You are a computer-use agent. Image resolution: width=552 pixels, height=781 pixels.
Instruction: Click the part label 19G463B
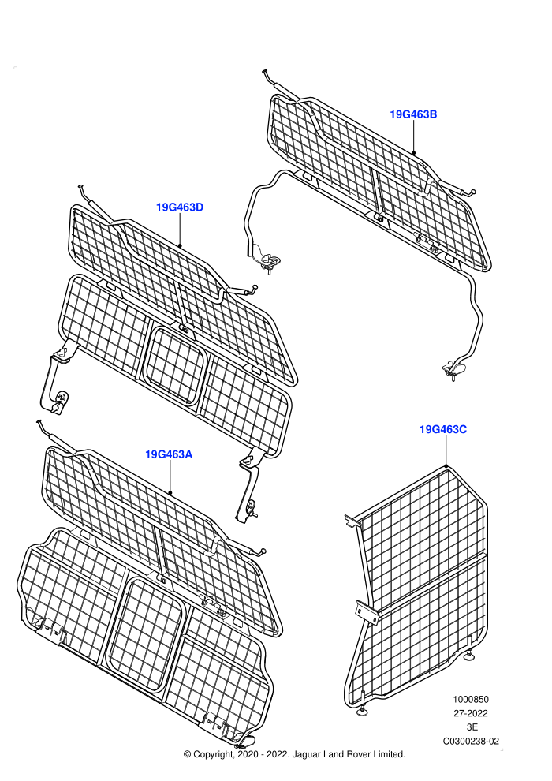pos(413,114)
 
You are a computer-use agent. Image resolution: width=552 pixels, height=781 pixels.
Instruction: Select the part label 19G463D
pos(180,207)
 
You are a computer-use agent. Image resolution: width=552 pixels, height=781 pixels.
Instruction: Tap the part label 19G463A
pos(169,454)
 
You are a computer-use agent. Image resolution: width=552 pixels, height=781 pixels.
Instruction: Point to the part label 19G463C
pos(443,429)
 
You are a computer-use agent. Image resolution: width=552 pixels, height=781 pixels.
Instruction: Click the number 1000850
pos(470,699)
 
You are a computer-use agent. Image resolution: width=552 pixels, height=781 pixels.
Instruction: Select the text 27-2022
pos(470,713)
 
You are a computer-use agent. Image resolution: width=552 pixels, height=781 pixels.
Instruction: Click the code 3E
pos(472,727)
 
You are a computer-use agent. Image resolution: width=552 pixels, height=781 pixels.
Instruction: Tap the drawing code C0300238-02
pos(471,741)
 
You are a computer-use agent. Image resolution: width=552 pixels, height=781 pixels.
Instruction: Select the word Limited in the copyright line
pos(389,754)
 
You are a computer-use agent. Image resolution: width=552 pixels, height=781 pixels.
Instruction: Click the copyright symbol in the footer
pos(187,755)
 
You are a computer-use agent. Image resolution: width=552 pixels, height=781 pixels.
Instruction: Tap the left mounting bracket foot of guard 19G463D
pos(54,383)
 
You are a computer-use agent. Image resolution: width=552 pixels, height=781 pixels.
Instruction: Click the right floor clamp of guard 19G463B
pos(454,370)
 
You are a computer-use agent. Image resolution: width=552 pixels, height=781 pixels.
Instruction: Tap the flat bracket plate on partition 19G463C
pos(367,611)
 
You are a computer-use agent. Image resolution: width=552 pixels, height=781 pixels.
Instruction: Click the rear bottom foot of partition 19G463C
pos(469,657)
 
